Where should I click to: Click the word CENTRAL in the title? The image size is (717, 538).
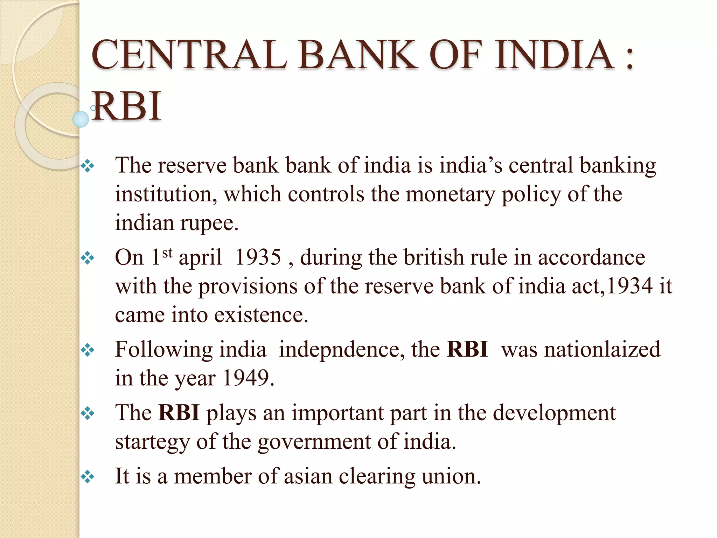pyautogui.click(x=189, y=55)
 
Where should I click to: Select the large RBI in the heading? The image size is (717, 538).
pyautogui.click(x=127, y=106)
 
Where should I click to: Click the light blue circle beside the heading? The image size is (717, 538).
pyautogui.click(x=81, y=119)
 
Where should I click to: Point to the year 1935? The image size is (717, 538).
pyautogui.click(x=258, y=257)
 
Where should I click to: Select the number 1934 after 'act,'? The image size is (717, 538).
pyautogui.click(x=629, y=286)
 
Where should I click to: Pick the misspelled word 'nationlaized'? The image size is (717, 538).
pyautogui.click(x=581, y=350)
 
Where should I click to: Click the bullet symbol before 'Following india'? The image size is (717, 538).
pyautogui.click(x=88, y=350)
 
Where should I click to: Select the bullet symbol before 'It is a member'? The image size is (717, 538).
pyautogui.click(x=88, y=477)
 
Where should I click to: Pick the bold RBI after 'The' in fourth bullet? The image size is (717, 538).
pyautogui.click(x=179, y=413)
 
